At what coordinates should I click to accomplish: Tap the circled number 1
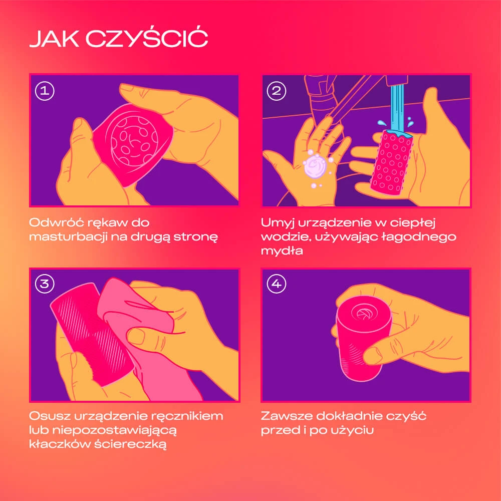tap(45, 91)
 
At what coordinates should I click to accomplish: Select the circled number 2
tap(277, 91)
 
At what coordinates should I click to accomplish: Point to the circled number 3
tap(45, 284)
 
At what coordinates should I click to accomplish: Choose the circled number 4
tap(277, 284)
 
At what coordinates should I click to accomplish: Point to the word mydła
tap(282, 251)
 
